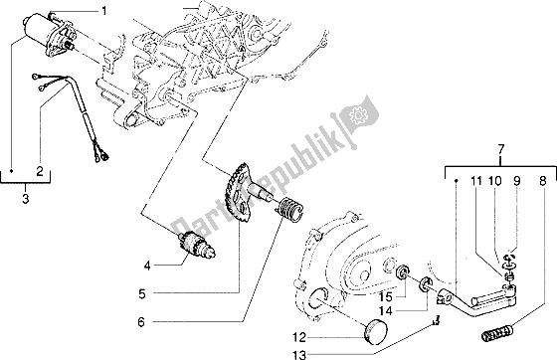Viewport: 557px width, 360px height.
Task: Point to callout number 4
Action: click(147, 265)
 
